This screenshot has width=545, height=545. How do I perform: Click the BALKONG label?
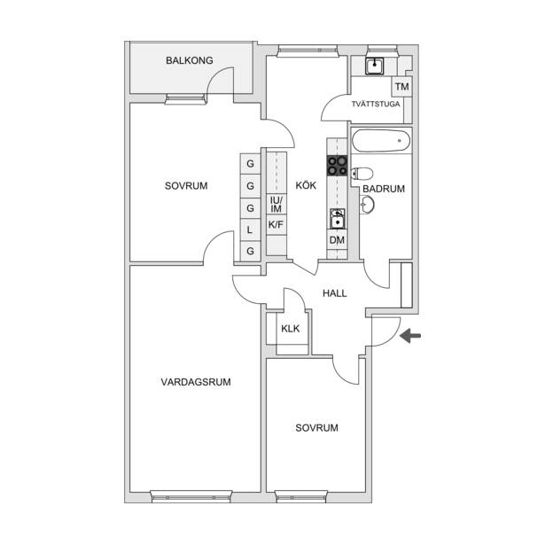(190, 60)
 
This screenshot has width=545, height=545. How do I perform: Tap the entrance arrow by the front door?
(410, 336)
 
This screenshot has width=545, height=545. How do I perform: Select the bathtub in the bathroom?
(381, 140)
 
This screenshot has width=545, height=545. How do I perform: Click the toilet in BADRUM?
(362, 173)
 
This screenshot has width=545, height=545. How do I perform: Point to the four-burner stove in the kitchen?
(337, 166)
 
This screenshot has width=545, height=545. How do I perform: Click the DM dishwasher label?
(337, 240)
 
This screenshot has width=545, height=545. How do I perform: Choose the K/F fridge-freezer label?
(276, 225)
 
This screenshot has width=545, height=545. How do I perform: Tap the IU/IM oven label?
(276, 205)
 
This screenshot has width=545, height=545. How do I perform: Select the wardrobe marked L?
(250, 230)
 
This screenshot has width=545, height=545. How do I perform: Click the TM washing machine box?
(401, 87)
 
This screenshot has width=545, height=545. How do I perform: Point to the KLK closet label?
(291, 329)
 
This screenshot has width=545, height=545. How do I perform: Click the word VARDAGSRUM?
(196, 382)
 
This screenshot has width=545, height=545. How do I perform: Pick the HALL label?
(335, 293)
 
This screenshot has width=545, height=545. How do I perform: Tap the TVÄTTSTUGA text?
(376, 104)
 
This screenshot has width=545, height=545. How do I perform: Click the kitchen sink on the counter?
(337, 219)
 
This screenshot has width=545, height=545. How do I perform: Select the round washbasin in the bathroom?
(367, 205)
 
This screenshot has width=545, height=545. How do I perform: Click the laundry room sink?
(374, 66)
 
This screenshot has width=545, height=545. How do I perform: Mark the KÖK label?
(306, 185)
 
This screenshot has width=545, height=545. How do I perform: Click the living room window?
(191, 496)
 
